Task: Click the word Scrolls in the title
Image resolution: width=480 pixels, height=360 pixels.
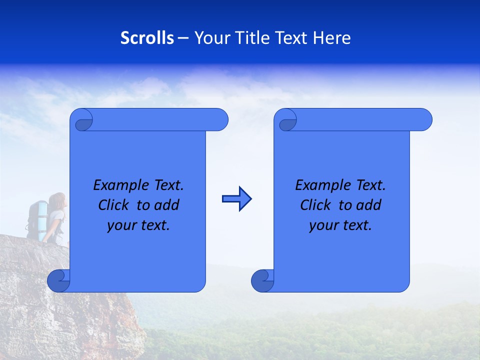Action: (147, 38)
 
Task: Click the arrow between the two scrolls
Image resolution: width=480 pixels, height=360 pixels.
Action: (236, 199)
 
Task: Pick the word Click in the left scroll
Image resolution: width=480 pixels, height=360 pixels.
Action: (115, 205)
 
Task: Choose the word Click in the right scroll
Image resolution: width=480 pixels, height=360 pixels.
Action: (317, 205)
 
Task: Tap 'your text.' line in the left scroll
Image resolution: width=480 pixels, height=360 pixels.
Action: (138, 225)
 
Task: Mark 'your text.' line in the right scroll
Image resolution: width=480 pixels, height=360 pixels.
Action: (340, 225)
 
